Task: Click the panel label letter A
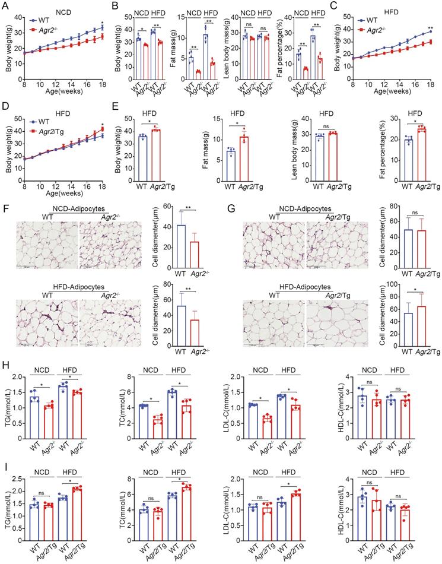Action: [x=6, y=7]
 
